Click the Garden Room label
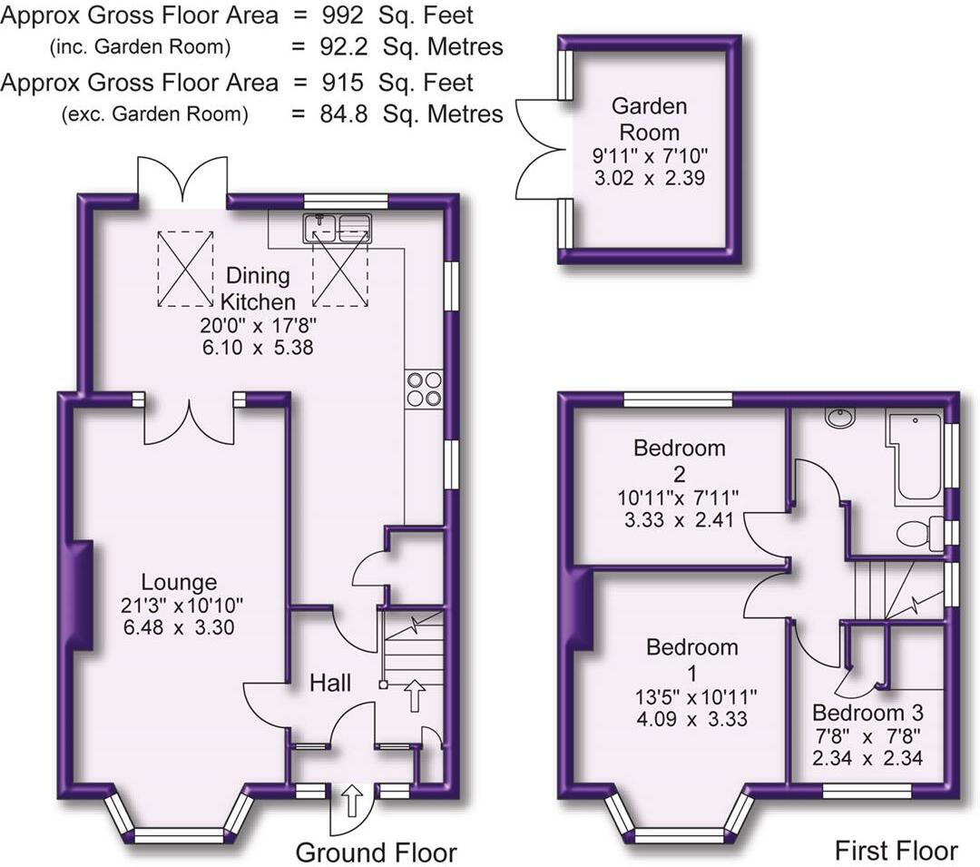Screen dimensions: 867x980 (x=649, y=119)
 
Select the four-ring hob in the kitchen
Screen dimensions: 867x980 (x=425, y=389)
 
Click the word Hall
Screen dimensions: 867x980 (x=330, y=683)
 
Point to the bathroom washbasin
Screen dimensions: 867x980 (x=840, y=418)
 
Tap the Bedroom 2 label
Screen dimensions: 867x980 (x=680, y=459)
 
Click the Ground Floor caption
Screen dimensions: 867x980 (x=376, y=852)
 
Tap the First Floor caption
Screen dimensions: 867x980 (x=895, y=851)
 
